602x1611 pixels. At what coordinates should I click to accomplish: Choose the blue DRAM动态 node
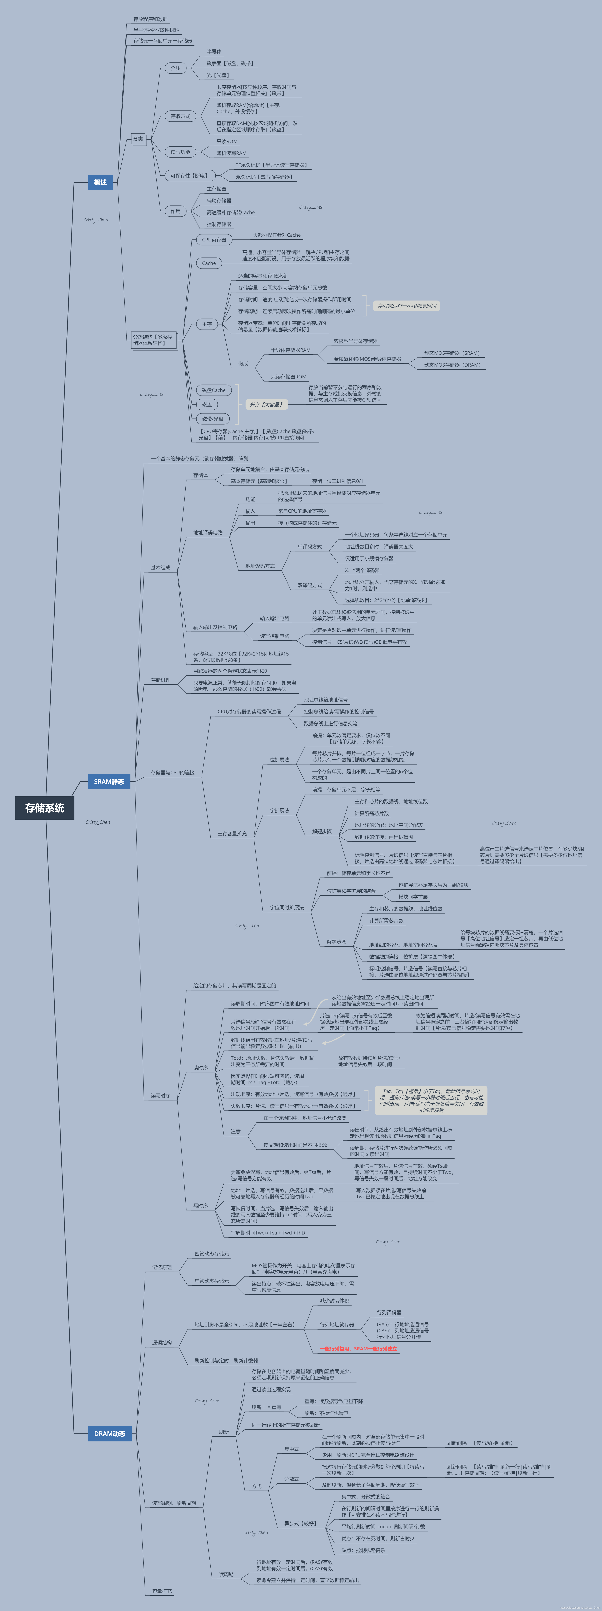pos(109,1433)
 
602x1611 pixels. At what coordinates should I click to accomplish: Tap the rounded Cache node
pos(209,263)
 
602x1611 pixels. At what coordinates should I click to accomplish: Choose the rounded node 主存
pos(207,324)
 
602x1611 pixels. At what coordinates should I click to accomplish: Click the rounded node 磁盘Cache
pos(213,390)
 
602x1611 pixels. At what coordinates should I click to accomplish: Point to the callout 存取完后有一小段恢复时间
pos(406,306)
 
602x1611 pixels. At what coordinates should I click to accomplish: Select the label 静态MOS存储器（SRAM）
pos(451,353)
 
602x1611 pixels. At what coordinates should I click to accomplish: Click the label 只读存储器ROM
pos(288,377)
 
